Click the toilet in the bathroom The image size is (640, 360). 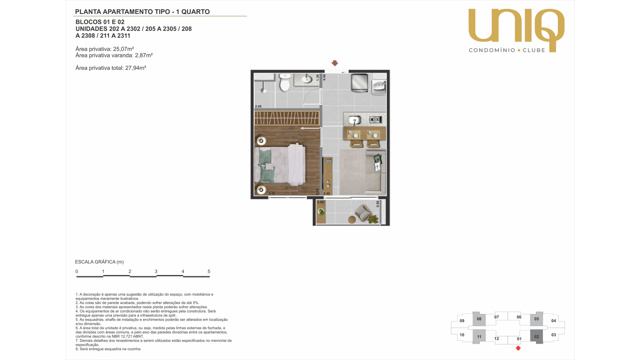point(285,83)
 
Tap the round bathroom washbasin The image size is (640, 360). point(307,79)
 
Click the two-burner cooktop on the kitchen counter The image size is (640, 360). point(375,120)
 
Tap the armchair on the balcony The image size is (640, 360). point(363,213)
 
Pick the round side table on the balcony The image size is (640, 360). point(352,220)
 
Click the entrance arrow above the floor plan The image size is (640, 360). point(335,63)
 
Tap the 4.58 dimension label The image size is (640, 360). point(324,77)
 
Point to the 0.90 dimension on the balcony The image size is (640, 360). point(378,204)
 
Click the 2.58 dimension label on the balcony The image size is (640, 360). point(320,202)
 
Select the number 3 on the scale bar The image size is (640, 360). point(156,271)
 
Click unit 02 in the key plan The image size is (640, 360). point(536,337)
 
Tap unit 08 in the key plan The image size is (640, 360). point(479,319)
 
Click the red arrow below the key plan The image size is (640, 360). point(518,348)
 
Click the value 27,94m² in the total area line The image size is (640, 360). point(136,68)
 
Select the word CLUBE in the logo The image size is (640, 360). point(534,50)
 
